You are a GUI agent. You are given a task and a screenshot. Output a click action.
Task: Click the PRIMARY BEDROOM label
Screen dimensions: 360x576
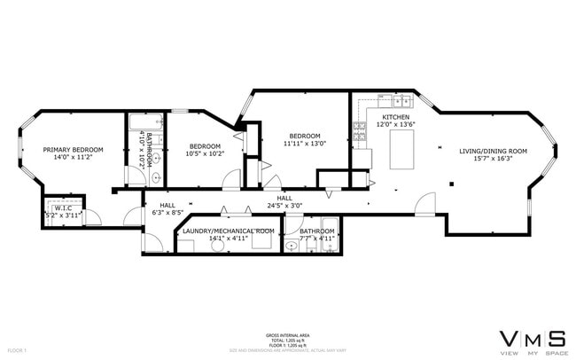click(74, 149)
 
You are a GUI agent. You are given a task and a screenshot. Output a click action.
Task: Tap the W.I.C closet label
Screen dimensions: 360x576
click(63, 207)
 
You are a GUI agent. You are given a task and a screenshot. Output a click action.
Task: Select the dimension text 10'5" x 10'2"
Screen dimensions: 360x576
click(204, 153)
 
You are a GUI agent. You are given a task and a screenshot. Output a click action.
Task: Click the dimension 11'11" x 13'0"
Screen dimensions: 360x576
click(304, 143)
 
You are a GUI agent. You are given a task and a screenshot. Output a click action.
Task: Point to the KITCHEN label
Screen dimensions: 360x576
click(395, 117)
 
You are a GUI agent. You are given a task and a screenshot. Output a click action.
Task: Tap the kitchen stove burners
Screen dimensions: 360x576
click(361, 132)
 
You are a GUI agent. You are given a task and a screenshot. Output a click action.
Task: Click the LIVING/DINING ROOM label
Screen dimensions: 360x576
click(493, 151)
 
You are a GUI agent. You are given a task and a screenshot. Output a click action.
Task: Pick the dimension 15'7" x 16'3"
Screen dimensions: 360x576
click(493, 160)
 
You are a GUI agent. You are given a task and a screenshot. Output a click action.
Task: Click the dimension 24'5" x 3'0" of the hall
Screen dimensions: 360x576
click(284, 205)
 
